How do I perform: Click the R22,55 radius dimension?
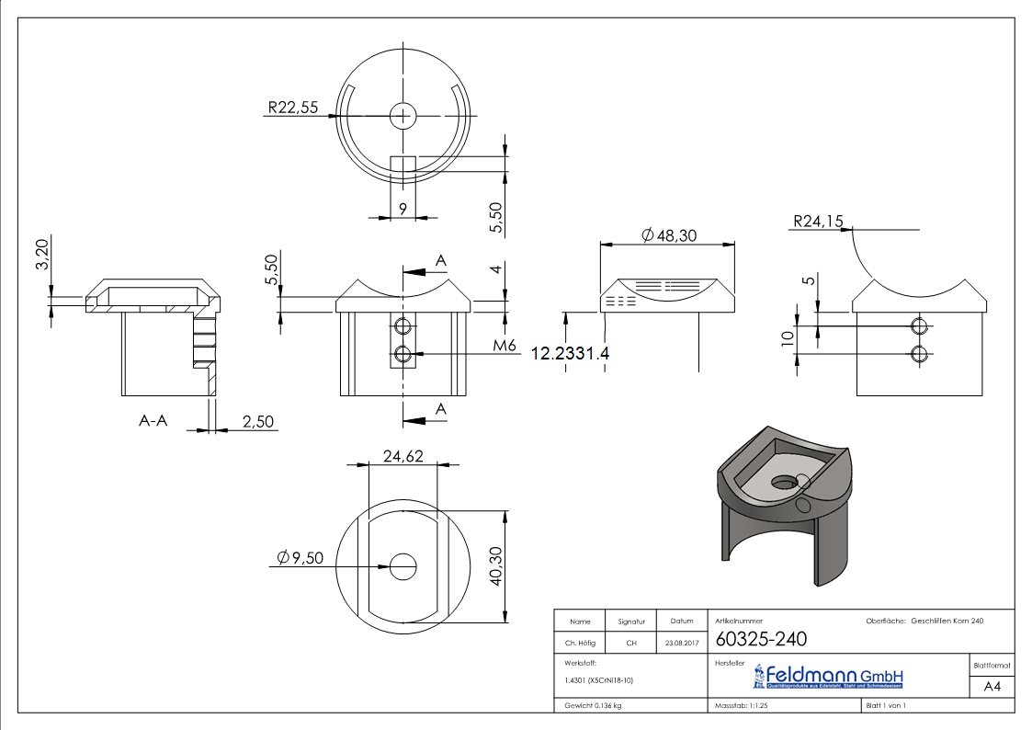pyautogui.click(x=292, y=108)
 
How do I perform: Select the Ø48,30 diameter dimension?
pyautogui.click(x=670, y=236)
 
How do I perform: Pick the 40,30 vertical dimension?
pyautogui.click(x=496, y=565)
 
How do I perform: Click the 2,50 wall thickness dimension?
pyautogui.click(x=258, y=421)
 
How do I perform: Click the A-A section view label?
pyautogui.click(x=153, y=421)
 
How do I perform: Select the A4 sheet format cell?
pyautogui.click(x=992, y=687)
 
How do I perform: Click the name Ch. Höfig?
pyautogui.click(x=579, y=644)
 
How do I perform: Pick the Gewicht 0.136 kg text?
pyautogui.click(x=593, y=705)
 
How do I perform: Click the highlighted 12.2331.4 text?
pyautogui.click(x=570, y=353)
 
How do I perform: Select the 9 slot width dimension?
pyautogui.click(x=403, y=208)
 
